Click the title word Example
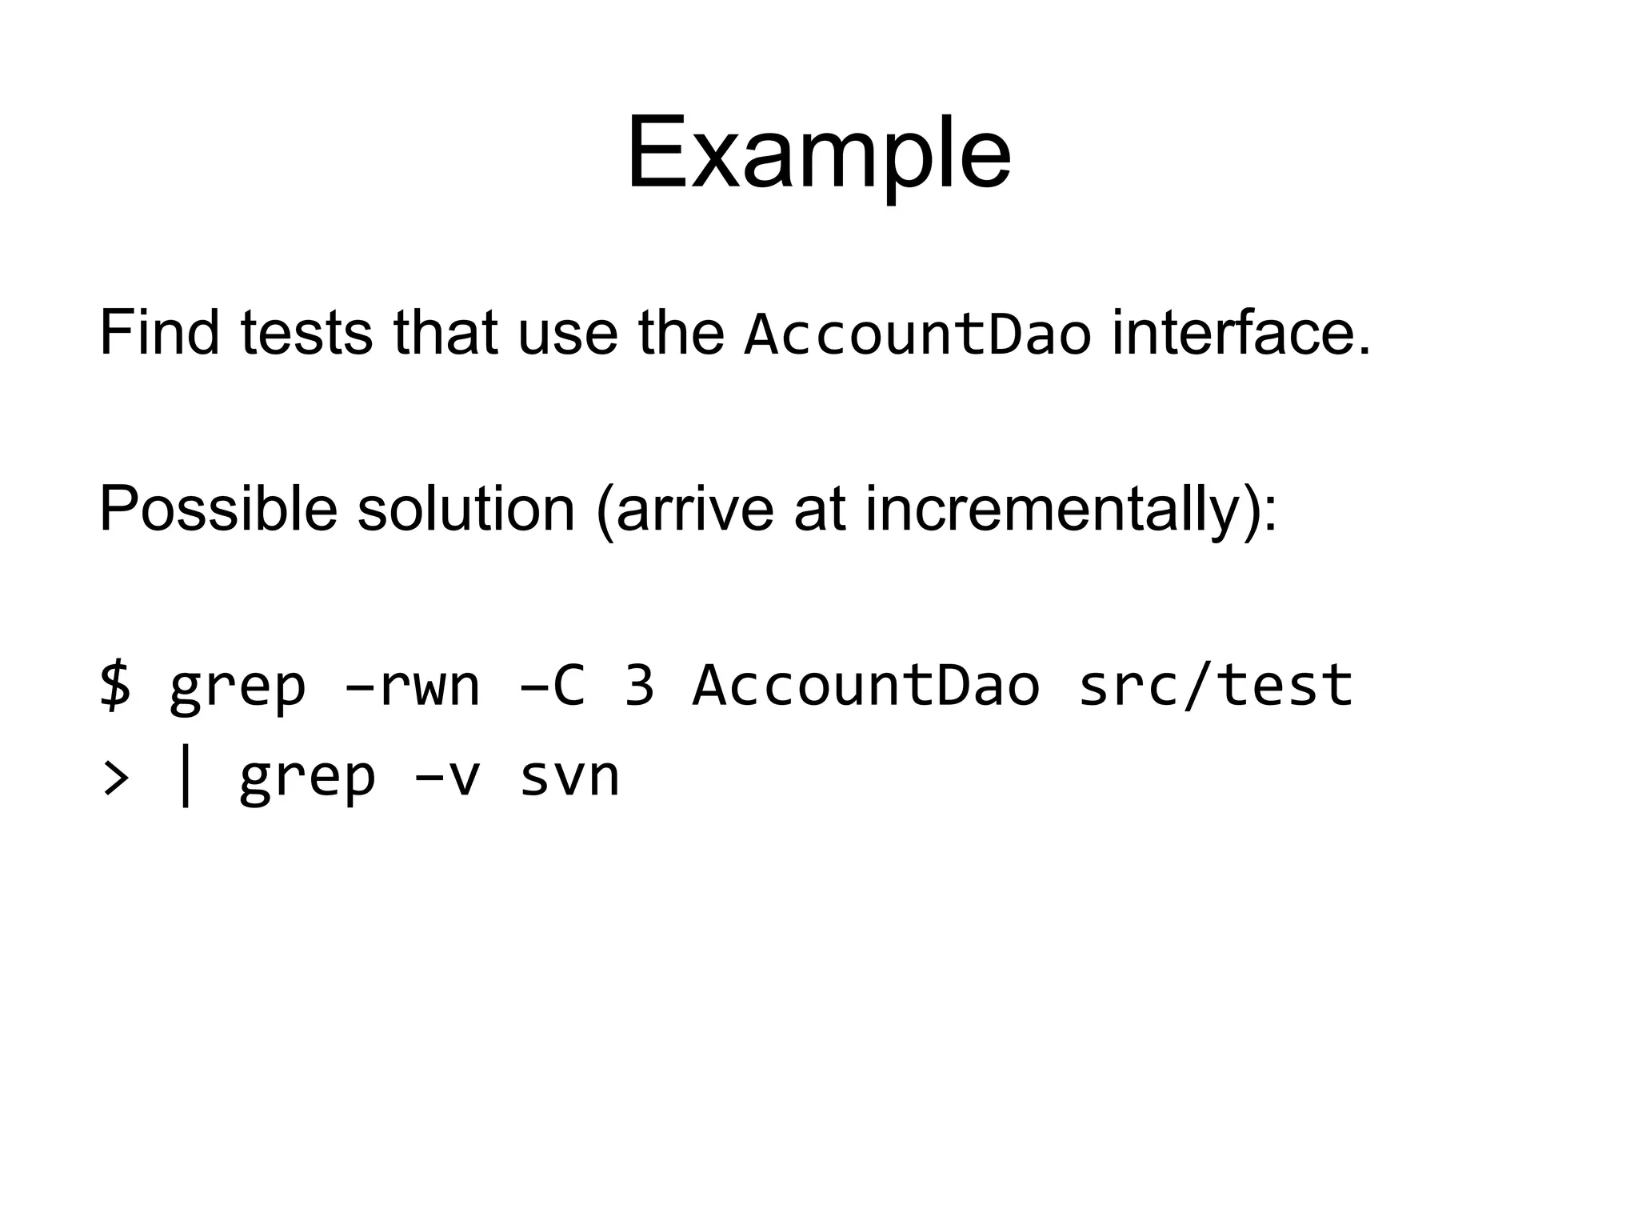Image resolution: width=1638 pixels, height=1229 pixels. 818,154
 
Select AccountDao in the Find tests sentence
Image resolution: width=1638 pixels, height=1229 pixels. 917,334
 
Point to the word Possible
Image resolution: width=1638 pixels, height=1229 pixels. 218,509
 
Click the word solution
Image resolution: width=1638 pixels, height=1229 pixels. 465,509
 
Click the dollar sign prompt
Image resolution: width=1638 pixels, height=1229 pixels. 116,686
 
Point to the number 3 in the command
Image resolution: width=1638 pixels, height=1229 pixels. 639,686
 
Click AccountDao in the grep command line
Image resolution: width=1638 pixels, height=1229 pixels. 866,686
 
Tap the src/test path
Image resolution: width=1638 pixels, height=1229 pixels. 1215,686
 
